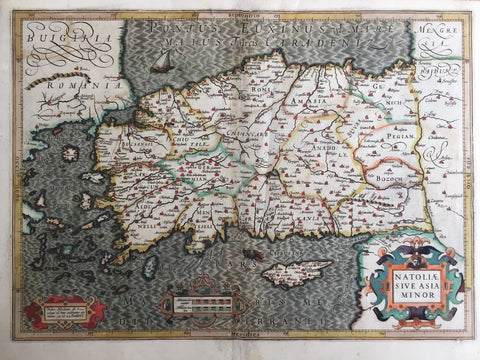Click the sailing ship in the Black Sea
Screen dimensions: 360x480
(160, 61)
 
